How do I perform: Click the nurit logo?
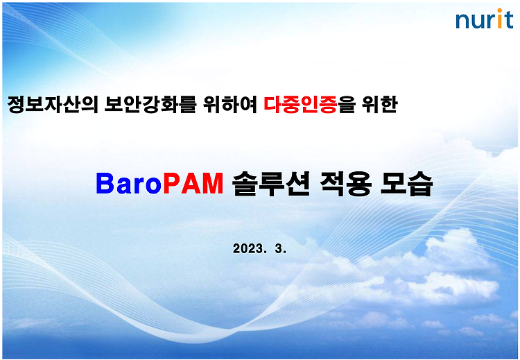tap(485, 19)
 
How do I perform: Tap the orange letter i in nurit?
tap(499, 19)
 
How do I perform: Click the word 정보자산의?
tap(53, 105)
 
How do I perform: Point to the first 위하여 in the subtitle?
tap(230, 105)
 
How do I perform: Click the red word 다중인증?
tap(300, 105)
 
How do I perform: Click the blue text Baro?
tap(129, 184)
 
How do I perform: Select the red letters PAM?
tap(193, 184)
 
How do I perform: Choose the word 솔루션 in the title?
tap(270, 184)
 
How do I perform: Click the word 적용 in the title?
tap(345, 184)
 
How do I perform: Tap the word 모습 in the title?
tap(406, 184)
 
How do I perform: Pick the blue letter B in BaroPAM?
tap(105, 184)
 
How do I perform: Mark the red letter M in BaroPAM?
tap(212, 184)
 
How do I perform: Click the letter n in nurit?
tap(462, 22)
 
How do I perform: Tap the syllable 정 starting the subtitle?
tap(16, 105)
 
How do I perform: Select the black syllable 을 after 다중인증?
tap(347, 105)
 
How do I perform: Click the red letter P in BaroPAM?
tap(171, 184)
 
